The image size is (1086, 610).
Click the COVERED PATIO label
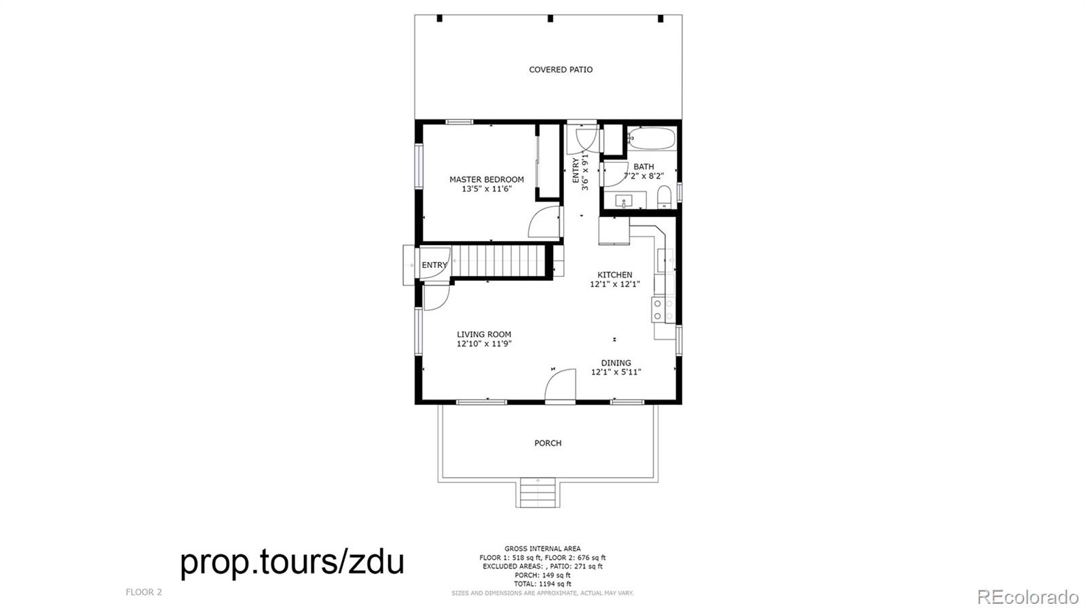point(561,70)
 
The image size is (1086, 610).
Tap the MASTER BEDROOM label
point(486,180)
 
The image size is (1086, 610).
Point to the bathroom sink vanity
point(625,200)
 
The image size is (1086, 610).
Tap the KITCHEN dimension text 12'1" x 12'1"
point(615,284)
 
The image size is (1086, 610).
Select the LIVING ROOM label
point(484,335)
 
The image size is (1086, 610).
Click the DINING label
point(616,363)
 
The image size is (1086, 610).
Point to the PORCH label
point(548,443)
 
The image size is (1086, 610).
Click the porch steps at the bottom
point(538,492)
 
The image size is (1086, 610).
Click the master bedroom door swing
point(545,222)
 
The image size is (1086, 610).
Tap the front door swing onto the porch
point(560,385)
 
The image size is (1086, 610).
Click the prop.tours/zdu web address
point(292,562)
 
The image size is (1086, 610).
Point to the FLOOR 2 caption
point(143,592)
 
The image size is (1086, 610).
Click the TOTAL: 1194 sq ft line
point(542,584)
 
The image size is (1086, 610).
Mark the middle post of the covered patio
point(550,18)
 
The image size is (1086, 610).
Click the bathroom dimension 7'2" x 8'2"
point(643,176)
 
